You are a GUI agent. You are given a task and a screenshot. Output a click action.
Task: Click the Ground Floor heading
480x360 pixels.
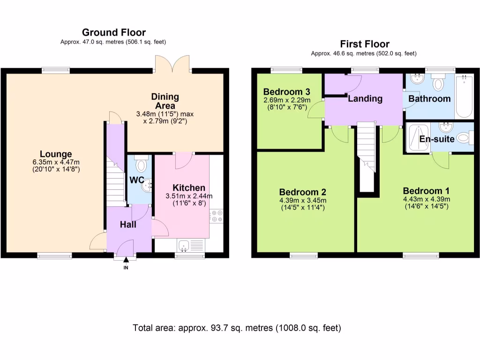(x=114, y=32)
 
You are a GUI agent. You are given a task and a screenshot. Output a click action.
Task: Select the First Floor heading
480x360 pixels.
(x=365, y=44)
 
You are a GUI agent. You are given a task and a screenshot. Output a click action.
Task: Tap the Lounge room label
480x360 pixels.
(x=56, y=154)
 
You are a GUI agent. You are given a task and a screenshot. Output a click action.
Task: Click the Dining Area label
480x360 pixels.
(x=165, y=101)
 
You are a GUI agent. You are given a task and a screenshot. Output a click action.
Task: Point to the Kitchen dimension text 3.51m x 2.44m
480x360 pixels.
(x=189, y=196)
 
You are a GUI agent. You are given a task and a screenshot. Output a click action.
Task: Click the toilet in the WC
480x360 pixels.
(x=141, y=164)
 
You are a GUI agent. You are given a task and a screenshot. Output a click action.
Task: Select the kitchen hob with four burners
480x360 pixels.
(x=217, y=215)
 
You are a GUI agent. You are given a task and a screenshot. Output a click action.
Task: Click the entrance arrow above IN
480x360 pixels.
(x=126, y=260)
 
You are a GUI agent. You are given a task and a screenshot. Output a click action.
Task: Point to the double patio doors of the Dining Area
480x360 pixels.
(x=172, y=63)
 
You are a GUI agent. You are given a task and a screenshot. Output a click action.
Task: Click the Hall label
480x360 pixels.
(x=128, y=225)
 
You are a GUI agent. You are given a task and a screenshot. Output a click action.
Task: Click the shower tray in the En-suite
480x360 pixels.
(x=418, y=138)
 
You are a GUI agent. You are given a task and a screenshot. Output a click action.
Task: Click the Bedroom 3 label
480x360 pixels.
(x=286, y=92)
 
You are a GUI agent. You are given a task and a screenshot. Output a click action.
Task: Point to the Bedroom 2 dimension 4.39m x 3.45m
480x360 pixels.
(x=303, y=201)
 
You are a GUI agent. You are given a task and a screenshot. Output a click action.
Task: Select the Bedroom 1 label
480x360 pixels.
(x=426, y=191)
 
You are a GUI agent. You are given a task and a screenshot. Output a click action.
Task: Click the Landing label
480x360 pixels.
(x=365, y=98)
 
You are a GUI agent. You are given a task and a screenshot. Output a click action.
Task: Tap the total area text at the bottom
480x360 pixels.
(x=237, y=328)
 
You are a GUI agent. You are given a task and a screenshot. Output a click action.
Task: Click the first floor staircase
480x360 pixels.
(x=367, y=156)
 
